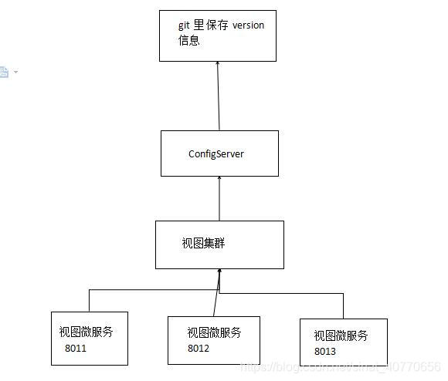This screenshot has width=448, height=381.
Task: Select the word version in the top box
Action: [247, 25]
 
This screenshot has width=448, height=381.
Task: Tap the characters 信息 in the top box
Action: [188, 40]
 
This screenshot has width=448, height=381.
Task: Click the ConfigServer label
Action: [216, 153]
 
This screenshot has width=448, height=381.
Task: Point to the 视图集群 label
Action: [203, 243]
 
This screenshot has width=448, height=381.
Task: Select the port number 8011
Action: [76, 348]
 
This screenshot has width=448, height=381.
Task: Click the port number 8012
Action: [199, 348]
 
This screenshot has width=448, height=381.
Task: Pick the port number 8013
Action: [325, 351]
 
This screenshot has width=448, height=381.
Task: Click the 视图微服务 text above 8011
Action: [86, 332]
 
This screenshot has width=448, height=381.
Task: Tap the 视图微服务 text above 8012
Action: [214, 332]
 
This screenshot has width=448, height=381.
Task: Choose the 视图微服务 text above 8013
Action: [341, 336]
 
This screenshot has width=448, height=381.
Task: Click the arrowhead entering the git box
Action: [218, 66]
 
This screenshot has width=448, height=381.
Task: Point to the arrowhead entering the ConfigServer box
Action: [220, 179]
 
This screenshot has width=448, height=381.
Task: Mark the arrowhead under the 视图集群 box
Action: [220, 272]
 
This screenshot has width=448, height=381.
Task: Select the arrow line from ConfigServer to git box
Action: [219, 96]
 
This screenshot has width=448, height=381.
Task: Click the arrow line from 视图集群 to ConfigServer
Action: [220, 199]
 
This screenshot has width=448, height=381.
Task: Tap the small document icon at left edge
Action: [4, 72]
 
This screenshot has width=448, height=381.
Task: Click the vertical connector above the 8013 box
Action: [342, 305]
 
